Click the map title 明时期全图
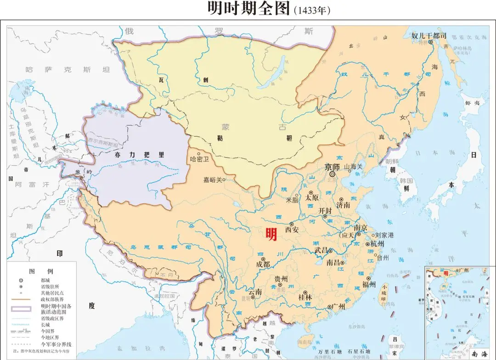click(x=248, y=9)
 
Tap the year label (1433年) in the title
click(x=312, y=10)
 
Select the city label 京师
click(x=332, y=167)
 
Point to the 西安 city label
click(x=292, y=230)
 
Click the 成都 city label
click(x=263, y=264)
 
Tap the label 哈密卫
click(x=199, y=160)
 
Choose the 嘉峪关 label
click(x=213, y=180)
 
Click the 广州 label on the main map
click(x=339, y=306)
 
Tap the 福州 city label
click(x=369, y=283)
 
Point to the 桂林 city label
click(x=305, y=298)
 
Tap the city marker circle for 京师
click(x=332, y=174)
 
